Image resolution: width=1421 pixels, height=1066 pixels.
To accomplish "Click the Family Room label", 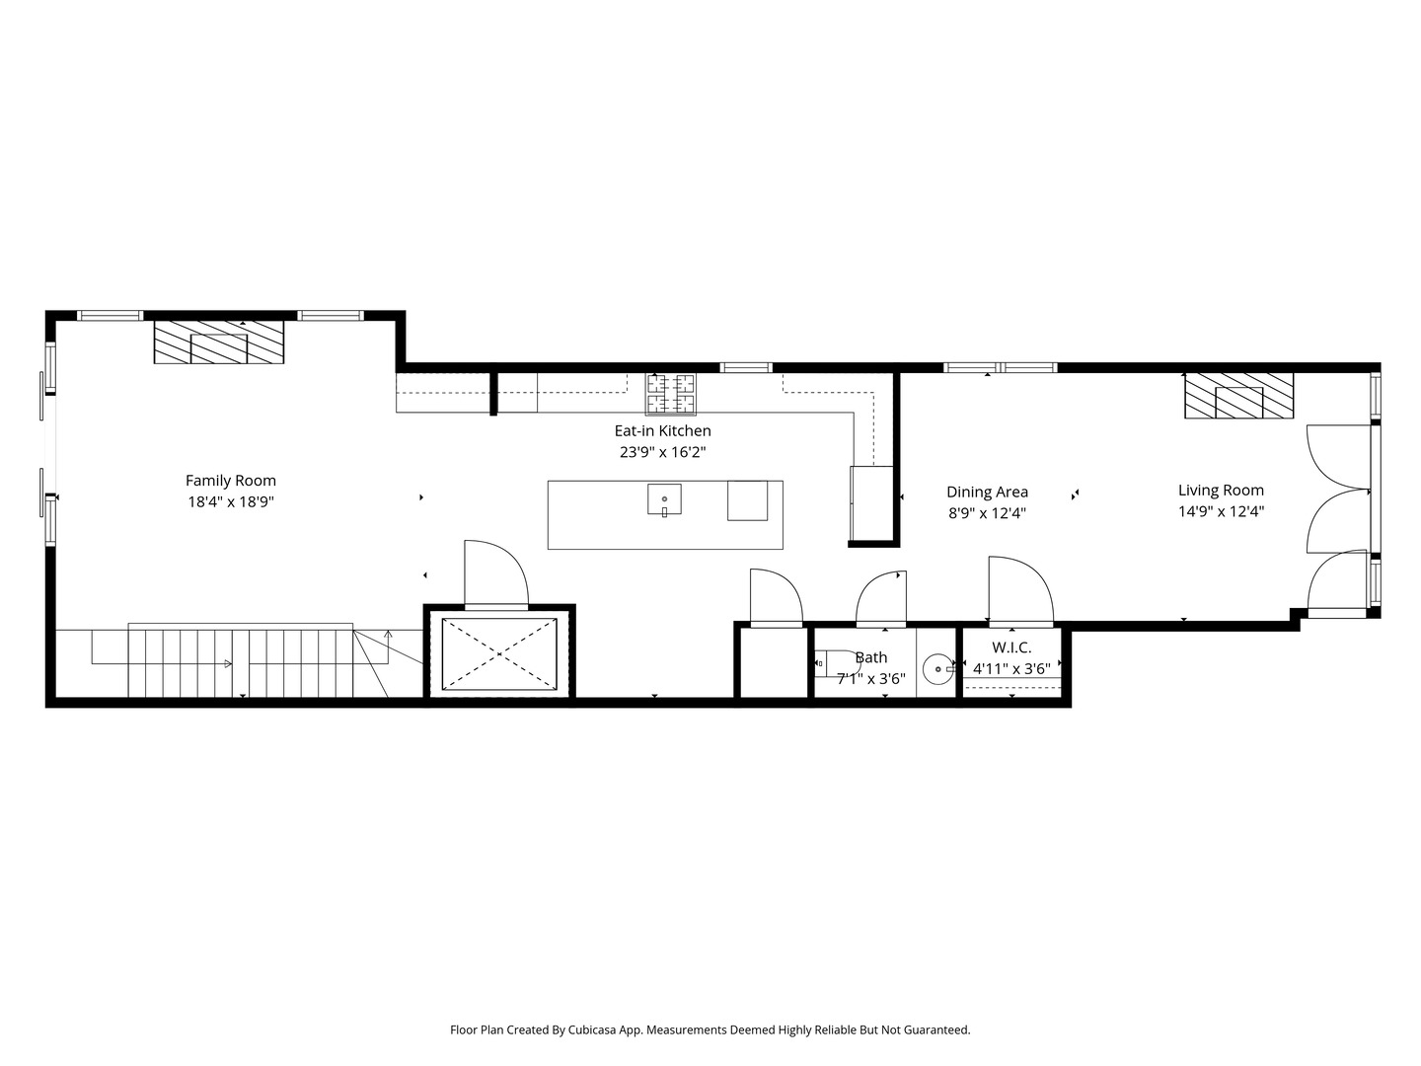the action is click(231, 481).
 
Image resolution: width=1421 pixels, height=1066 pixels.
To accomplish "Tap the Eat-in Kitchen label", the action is click(662, 431).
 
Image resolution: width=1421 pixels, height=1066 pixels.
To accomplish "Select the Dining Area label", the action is click(987, 493).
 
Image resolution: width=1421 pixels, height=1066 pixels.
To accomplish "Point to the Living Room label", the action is click(1221, 491).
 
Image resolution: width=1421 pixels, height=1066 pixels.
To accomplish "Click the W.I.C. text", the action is click(1011, 647).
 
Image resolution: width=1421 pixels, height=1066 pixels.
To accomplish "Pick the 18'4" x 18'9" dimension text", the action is click(231, 502).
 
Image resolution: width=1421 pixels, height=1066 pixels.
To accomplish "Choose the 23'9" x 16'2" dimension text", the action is click(662, 452).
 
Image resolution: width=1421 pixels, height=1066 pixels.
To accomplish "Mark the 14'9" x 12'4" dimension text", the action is click(1221, 512).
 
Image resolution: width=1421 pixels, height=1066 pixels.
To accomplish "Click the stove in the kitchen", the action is click(671, 394).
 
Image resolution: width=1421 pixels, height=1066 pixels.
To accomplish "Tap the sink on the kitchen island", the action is click(664, 499).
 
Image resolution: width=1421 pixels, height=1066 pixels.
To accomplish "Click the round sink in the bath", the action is click(938, 669).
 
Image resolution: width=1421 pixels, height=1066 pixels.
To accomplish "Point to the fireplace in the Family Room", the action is click(219, 342).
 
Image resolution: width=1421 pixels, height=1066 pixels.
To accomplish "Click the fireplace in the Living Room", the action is click(1239, 396).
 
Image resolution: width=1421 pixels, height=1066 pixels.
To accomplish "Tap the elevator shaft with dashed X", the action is click(499, 654).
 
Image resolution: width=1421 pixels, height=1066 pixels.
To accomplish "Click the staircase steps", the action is click(240, 661).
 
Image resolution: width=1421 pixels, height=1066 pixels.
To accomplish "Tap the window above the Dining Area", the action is click(1001, 367).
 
